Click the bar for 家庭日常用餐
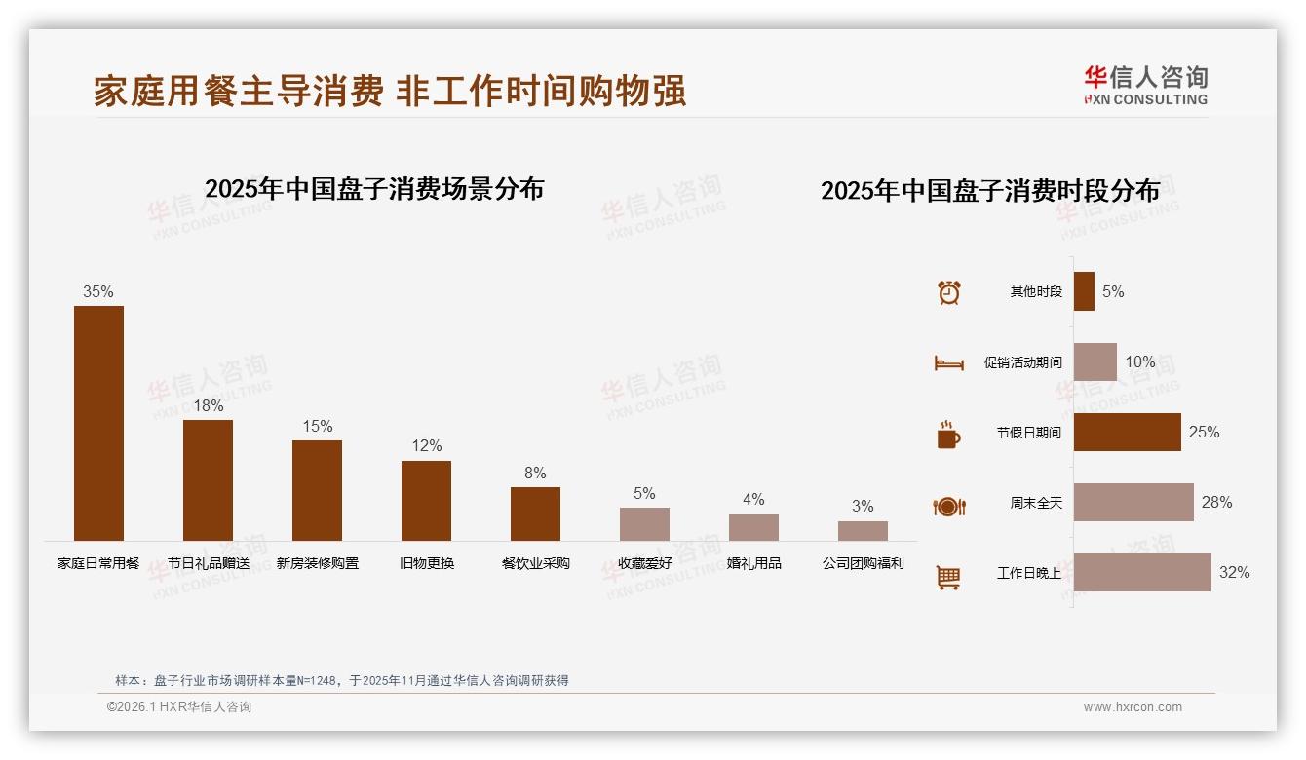(98, 423)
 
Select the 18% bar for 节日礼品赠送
(208, 479)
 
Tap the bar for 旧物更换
(426, 500)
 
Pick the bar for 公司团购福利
(863, 531)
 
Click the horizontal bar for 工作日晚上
(1142, 572)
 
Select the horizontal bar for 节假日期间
(1127, 432)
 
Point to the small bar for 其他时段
(1084, 291)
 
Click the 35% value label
(98, 291)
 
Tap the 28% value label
(1216, 502)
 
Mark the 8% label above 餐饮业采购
(535, 473)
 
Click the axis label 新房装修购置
(317, 563)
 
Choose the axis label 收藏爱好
(644, 563)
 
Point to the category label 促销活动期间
(1022, 362)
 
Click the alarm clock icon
(948, 292)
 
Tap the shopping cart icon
(948, 577)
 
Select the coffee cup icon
(948, 435)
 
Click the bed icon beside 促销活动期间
(948, 363)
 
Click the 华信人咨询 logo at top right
(1145, 85)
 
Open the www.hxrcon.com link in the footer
(1133, 707)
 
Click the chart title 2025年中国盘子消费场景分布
(374, 188)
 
